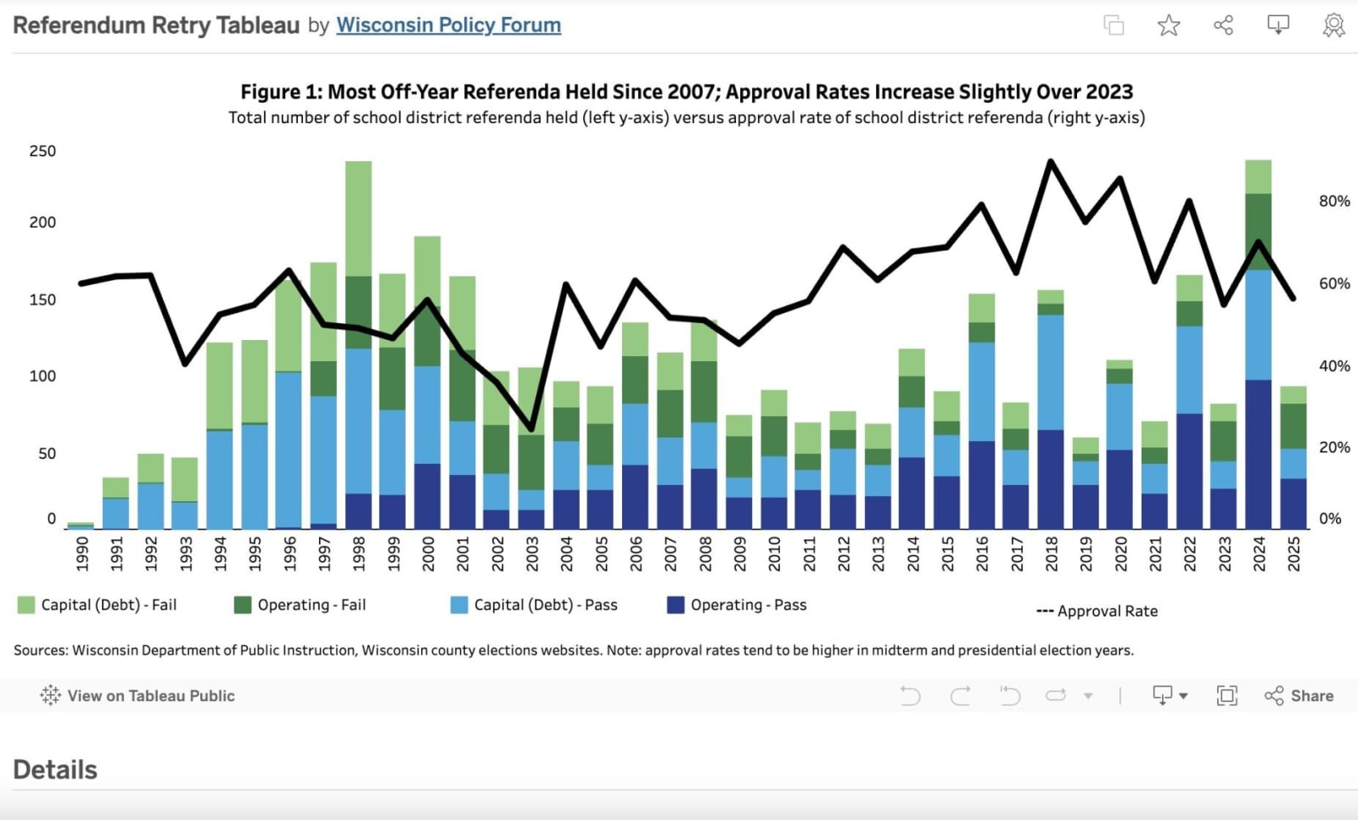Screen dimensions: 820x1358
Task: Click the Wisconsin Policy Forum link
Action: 448,25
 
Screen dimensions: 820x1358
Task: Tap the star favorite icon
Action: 1169,25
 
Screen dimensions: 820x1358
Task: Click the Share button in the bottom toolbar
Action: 1299,695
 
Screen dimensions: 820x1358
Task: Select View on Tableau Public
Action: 137,695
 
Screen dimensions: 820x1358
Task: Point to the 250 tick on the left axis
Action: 42,151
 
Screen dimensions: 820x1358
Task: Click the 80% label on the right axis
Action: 1334,201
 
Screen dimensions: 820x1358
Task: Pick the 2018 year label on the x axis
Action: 1052,554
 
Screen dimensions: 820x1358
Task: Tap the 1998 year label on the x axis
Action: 359,554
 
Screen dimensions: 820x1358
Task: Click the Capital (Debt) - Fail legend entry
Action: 98,605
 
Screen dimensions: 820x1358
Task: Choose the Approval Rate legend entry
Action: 1097,611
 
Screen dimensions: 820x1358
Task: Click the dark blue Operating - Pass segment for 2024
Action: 1258,454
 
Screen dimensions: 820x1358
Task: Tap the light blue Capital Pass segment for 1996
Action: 289,449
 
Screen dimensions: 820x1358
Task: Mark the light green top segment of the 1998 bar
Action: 359,218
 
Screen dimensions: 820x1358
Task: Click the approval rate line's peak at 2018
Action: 1052,161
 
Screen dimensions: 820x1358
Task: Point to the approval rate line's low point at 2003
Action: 532,428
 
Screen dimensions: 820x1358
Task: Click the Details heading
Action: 55,769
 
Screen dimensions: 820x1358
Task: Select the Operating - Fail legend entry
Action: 300,605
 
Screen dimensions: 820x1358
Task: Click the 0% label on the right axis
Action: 1330,518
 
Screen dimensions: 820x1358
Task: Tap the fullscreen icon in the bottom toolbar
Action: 1226,695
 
